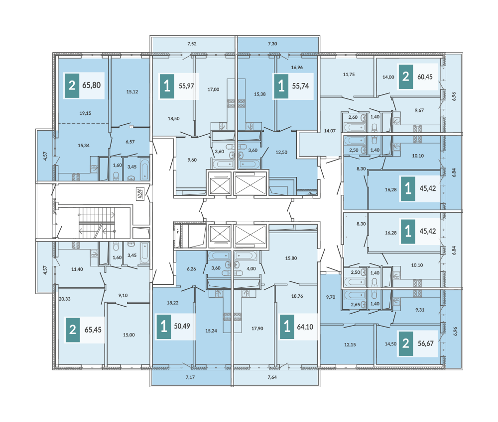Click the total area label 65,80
(92, 85)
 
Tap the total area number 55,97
(186, 86)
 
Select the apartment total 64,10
(305, 327)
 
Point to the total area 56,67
(426, 343)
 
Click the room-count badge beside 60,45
(405, 77)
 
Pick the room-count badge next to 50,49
(164, 327)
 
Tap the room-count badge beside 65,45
(72, 330)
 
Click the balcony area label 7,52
(192, 44)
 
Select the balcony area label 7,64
(272, 377)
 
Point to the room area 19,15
(85, 113)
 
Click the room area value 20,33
(64, 299)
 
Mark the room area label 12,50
(281, 152)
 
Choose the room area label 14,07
(330, 131)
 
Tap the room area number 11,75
(349, 75)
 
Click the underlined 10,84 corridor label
(140, 193)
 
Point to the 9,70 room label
(331, 297)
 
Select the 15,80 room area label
(291, 258)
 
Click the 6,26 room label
(192, 269)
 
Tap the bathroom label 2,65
(356, 304)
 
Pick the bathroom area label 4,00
(251, 268)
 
